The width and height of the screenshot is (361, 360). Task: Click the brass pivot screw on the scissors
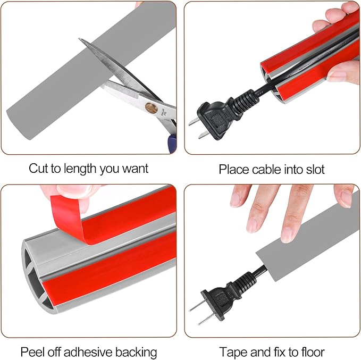click(x=151, y=108)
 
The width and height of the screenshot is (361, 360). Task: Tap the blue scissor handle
click(x=172, y=143)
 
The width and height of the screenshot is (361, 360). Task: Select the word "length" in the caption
click(x=81, y=169)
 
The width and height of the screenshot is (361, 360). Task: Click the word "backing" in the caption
click(x=136, y=353)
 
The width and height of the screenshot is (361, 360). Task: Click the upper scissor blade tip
click(x=79, y=39)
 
